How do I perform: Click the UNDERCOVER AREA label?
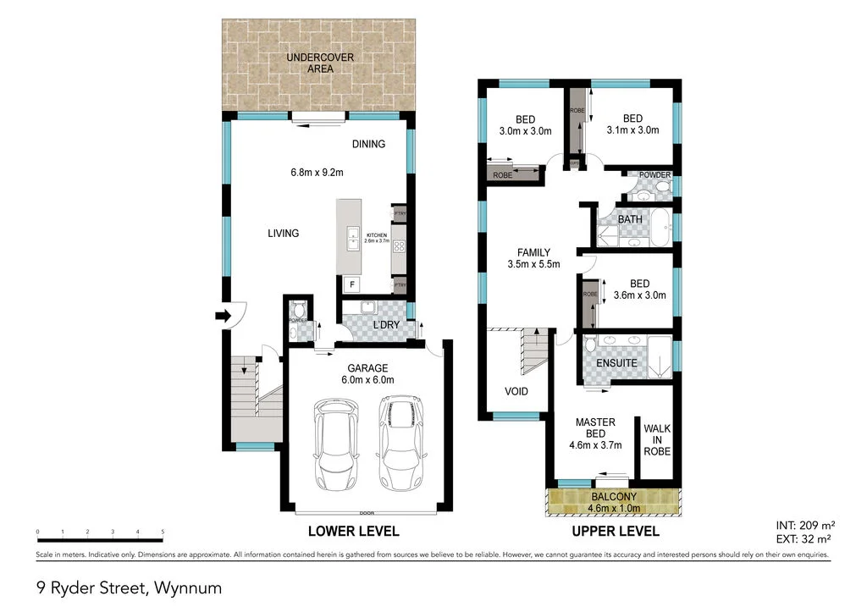coord(319,63)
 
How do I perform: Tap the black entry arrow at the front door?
coord(222,316)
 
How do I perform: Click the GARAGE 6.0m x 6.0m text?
coord(367,374)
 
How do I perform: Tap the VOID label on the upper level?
coord(516,391)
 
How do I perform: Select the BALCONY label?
coord(615,497)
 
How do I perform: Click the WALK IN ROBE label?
coord(657,440)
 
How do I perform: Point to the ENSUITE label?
coord(617,362)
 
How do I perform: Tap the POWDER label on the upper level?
coord(654,175)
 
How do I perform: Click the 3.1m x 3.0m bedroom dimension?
coord(632,130)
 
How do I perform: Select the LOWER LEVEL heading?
coord(353,532)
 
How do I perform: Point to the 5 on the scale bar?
coord(162,532)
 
